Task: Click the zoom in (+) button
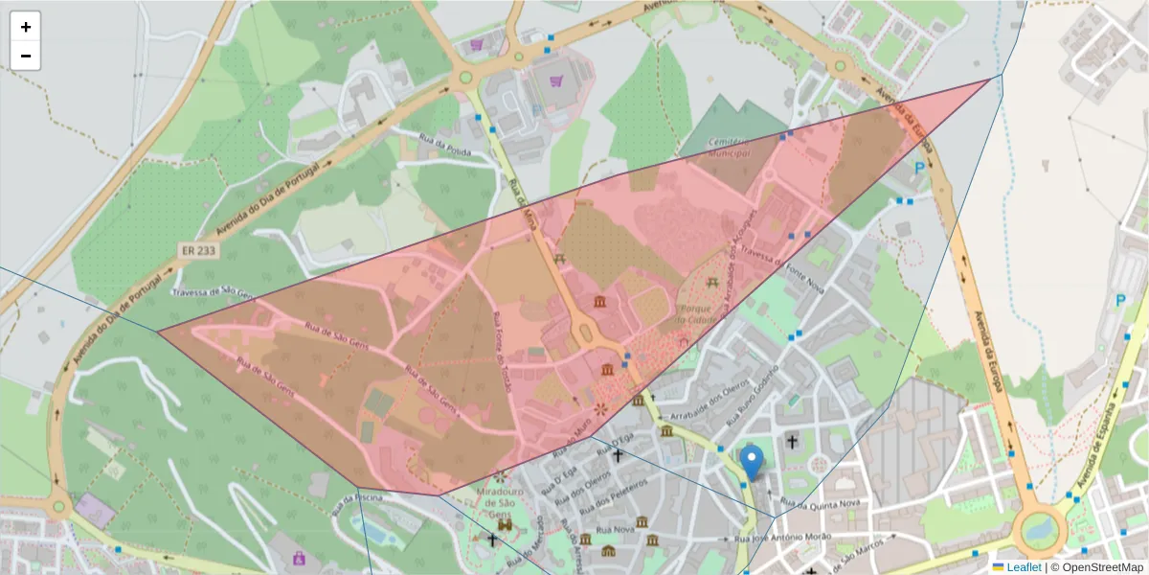[26, 27]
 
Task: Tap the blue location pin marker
[753, 463]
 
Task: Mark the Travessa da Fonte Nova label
[782, 260]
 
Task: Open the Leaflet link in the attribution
[1024, 567]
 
